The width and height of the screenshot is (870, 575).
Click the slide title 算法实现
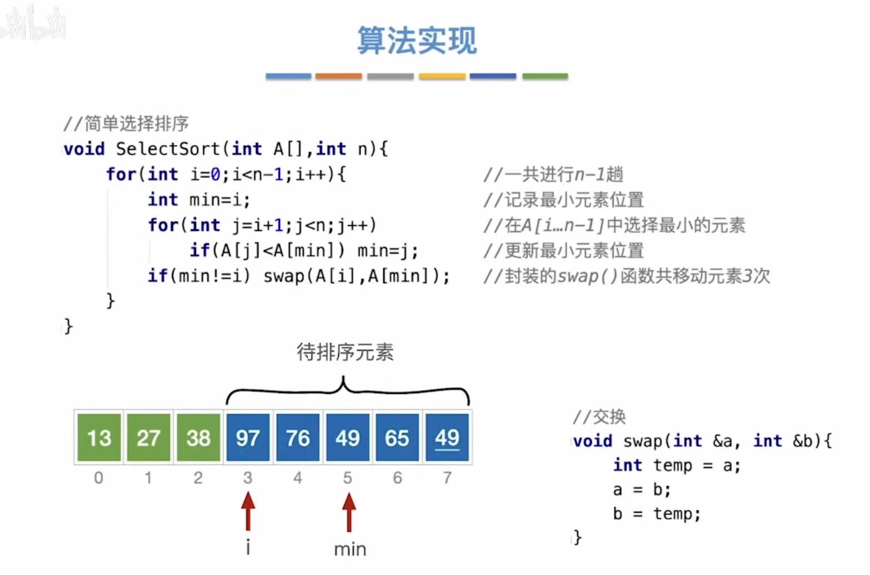click(417, 41)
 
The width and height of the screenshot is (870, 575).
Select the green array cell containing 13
click(99, 438)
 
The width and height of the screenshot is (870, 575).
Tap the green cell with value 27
click(148, 438)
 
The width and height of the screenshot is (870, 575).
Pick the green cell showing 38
click(198, 438)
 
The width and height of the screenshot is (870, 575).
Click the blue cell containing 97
click(248, 438)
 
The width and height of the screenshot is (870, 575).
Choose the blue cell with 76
click(298, 438)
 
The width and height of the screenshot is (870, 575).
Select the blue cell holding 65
click(397, 438)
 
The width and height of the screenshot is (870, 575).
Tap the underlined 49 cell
click(447, 438)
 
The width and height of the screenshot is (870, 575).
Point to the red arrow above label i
click(248, 512)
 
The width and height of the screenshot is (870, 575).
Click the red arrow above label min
click(349, 512)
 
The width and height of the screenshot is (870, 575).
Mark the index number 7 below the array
click(447, 478)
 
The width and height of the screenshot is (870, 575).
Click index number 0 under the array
click(98, 478)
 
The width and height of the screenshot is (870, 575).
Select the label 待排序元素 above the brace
click(345, 352)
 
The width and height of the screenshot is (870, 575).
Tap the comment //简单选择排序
click(126, 123)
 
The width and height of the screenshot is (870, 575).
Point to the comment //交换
click(599, 417)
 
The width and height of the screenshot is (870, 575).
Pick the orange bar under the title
click(338, 76)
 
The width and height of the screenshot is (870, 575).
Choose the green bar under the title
click(545, 76)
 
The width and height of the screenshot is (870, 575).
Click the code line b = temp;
click(657, 514)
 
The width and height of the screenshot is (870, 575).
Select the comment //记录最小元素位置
click(563, 200)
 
